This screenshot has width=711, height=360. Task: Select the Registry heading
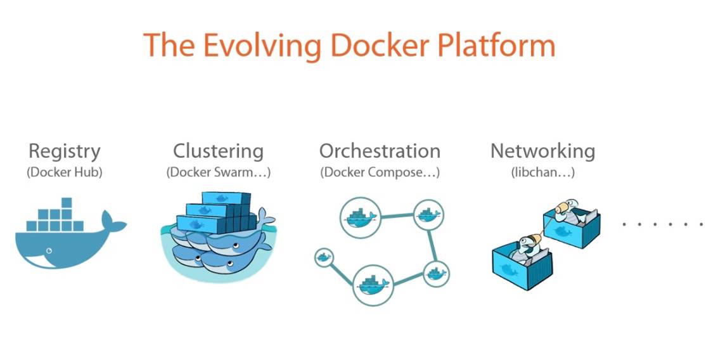(x=64, y=151)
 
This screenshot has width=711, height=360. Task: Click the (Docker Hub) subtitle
(x=64, y=172)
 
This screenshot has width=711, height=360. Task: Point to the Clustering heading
(x=218, y=151)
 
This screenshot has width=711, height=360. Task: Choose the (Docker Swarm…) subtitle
(x=218, y=172)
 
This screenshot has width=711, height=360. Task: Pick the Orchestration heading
(x=380, y=151)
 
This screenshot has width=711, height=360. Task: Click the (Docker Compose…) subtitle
(x=380, y=172)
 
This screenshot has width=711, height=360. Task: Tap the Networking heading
(x=542, y=151)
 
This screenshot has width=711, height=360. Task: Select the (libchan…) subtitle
(x=542, y=172)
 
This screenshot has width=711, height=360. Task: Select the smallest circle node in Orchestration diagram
(x=323, y=257)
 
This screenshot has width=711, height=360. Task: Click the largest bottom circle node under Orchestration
(x=373, y=285)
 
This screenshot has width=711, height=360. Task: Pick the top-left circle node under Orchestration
(x=359, y=217)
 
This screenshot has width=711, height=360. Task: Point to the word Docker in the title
(x=370, y=46)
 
